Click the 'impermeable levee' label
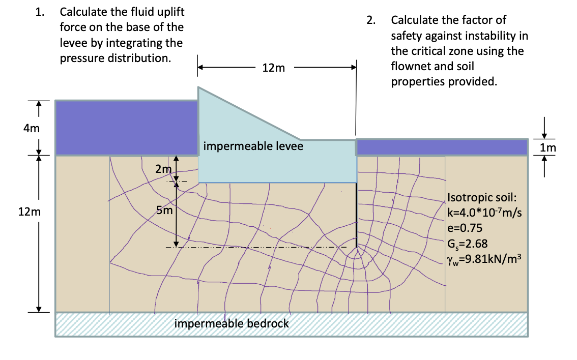253,146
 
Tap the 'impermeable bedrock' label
232,323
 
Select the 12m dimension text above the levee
274,68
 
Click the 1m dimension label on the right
549,148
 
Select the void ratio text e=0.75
465,227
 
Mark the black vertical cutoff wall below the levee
356,214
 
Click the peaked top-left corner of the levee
199,88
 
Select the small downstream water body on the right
442,147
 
